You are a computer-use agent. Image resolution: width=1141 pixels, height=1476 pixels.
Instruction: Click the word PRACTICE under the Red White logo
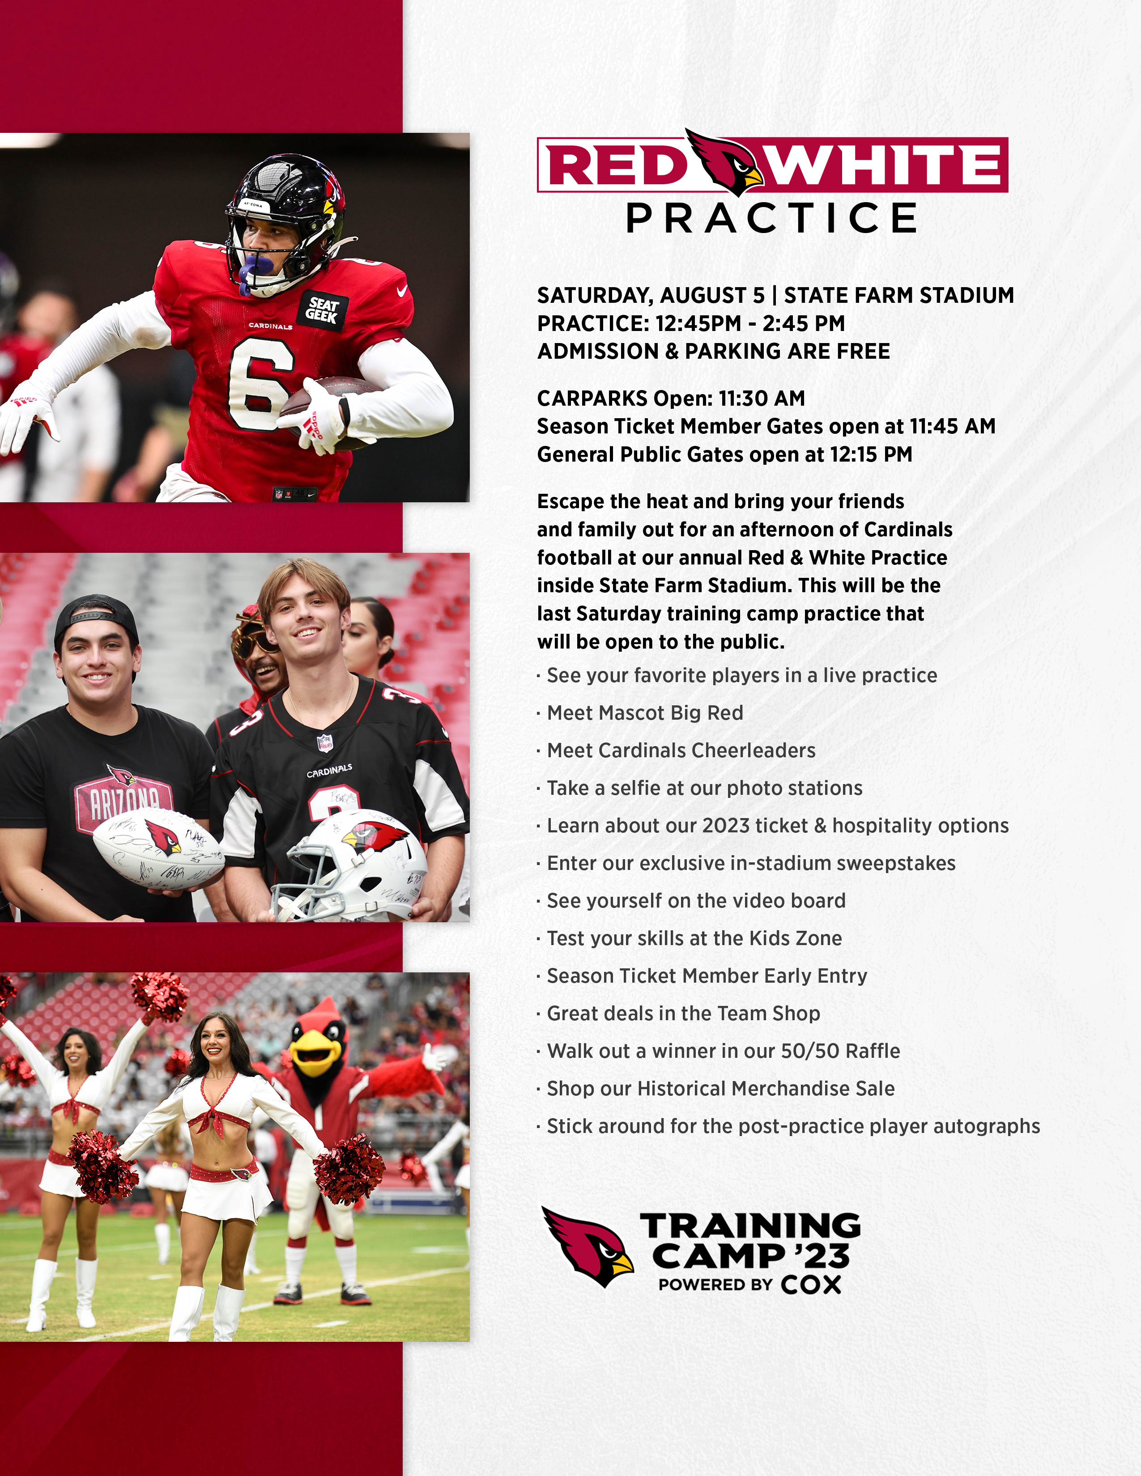click(x=771, y=218)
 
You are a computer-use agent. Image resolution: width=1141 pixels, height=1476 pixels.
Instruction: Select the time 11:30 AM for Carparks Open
click(x=762, y=399)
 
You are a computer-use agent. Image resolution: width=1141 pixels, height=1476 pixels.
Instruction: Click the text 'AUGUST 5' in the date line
click(x=712, y=295)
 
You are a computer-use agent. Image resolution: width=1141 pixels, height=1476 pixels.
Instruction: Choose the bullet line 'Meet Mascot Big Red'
click(x=645, y=713)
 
